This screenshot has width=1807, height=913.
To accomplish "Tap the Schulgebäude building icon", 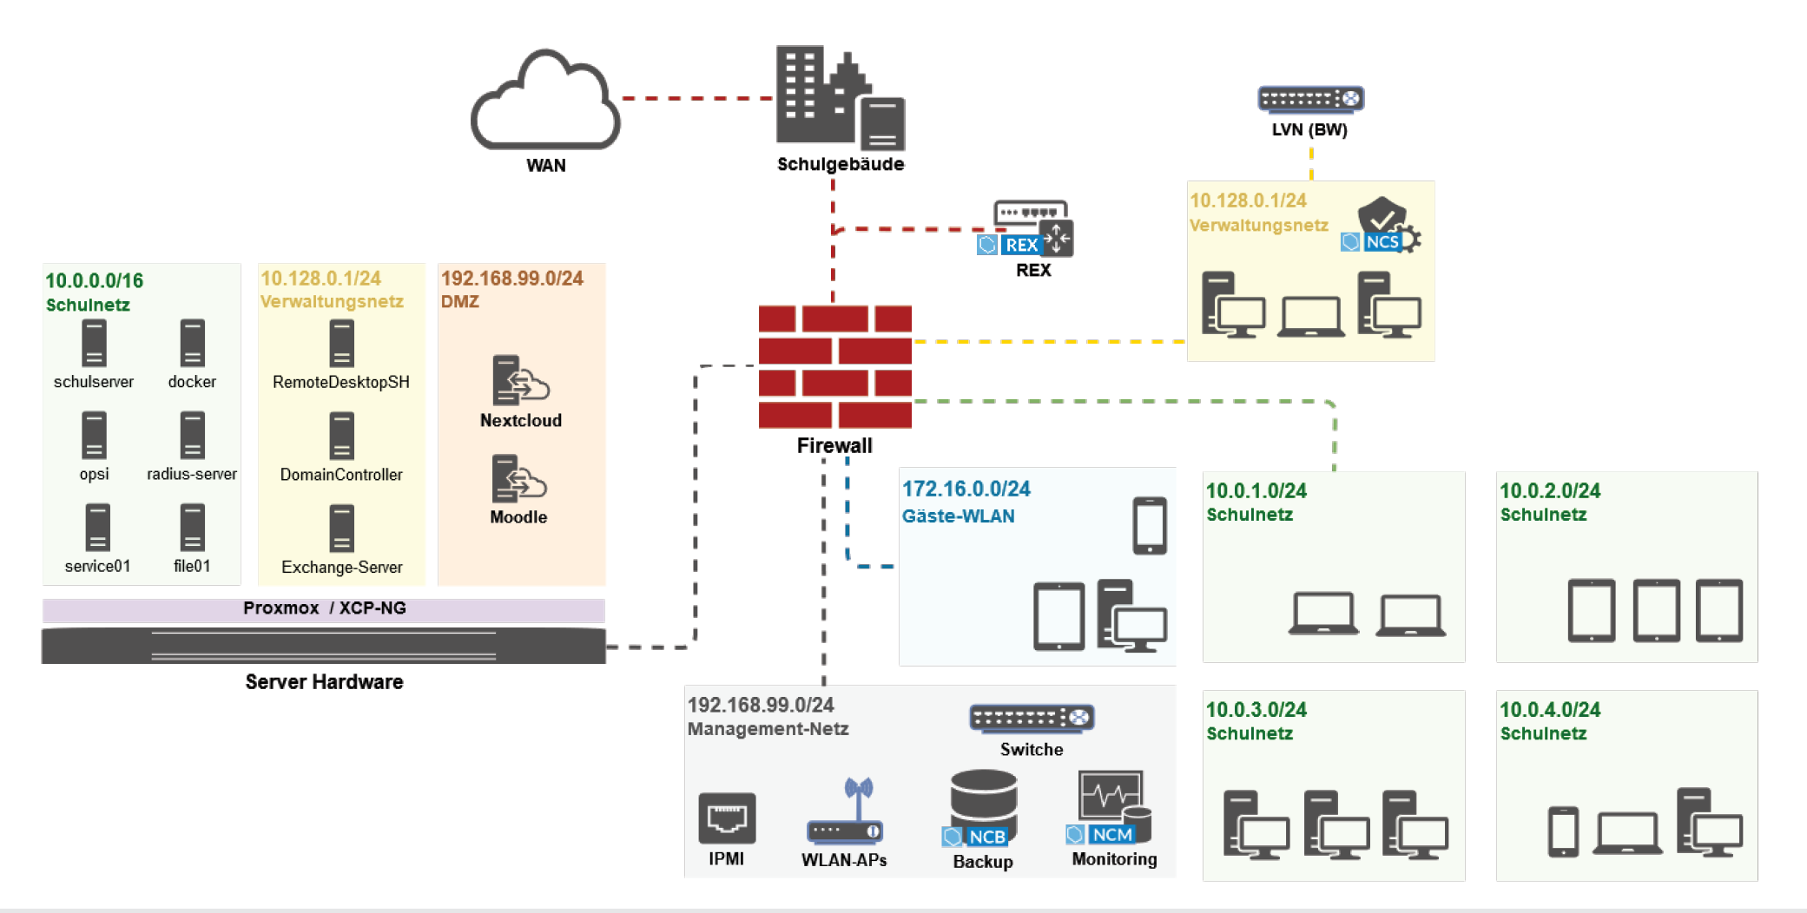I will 839,97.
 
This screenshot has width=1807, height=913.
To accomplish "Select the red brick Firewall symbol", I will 834,366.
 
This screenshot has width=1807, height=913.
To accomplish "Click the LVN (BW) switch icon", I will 1310,99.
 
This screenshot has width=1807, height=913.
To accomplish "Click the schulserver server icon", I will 94,343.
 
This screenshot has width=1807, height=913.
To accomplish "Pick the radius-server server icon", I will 192,435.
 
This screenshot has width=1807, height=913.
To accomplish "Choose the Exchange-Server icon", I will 341,529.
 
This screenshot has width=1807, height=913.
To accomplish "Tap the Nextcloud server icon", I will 520,380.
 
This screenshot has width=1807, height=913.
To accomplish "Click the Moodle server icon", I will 518,478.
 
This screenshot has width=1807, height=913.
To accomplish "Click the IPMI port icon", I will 727,818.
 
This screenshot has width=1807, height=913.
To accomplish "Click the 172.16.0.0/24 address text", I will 966,489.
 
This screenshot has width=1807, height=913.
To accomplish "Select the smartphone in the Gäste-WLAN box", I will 1149,526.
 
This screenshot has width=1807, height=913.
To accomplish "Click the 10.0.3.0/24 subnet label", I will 1256,710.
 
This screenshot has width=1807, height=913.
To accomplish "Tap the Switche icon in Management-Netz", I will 1031,719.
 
